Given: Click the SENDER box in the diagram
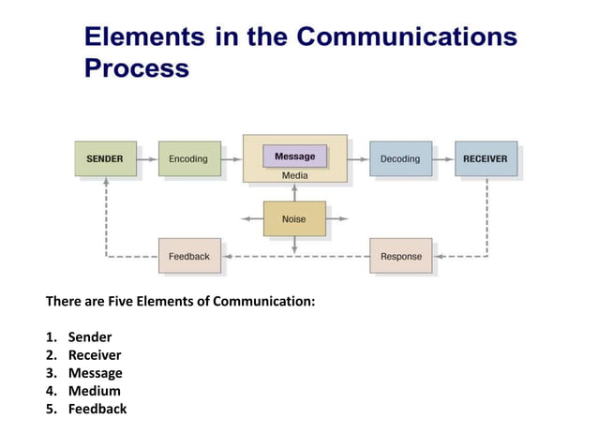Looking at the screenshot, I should [105, 158].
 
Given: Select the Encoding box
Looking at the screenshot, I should [188, 158].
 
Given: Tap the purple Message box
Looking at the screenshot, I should [294, 157].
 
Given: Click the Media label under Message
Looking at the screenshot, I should [294, 175].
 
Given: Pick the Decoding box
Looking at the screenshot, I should [400, 158].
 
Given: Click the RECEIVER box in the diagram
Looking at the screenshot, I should [485, 158].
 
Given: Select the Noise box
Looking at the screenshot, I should [294, 218].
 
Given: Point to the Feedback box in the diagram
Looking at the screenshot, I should [189, 256].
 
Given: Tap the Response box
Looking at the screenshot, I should [400, 256].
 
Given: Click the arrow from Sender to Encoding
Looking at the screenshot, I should [147, 159].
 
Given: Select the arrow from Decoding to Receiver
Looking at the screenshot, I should [443, 159].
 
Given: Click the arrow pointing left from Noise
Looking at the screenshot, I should [251, 219].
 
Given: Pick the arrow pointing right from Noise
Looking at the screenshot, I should [337, 219].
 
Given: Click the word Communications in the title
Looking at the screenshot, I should [407, 37].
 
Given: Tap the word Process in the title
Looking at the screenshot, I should [137, 68].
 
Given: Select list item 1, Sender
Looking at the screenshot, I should [89, 337].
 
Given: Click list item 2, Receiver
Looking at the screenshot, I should [94, 355].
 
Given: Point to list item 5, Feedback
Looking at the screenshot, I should [97, 409].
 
